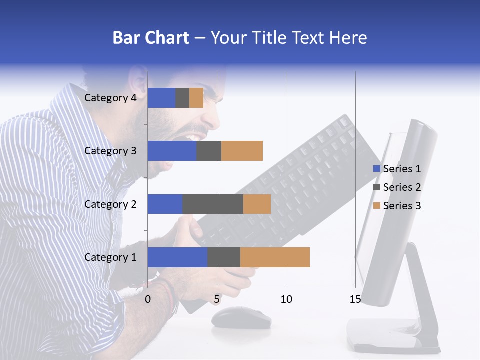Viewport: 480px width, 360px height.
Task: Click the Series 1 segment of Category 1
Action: point(177,257)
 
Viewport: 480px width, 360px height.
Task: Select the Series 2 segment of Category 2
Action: point(213,204)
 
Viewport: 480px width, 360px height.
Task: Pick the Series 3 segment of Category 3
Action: point(242,151)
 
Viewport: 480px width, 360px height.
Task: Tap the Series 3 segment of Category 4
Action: point(196,98)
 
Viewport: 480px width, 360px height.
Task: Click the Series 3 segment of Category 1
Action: point(275,257)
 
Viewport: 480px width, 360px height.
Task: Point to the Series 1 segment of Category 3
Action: point(172,151)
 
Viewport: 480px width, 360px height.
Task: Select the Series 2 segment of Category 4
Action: point(182,98)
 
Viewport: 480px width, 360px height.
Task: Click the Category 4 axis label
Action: point(110,98)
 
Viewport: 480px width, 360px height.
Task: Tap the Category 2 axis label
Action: point(110,204)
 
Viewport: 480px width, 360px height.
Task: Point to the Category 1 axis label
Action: point(110,257)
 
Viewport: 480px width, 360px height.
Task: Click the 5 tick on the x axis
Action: point(217,299)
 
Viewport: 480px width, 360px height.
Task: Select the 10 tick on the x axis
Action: point(286,299)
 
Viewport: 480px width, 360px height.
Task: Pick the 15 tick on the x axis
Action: point(355,299)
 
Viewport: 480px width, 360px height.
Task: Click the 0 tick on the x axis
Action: point(148,299)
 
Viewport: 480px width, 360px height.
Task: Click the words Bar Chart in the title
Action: point(151,38)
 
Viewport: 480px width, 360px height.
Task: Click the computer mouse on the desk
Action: point(241,317)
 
